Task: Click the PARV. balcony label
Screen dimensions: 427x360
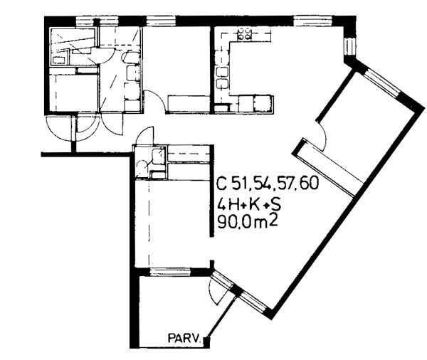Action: coord(184,338)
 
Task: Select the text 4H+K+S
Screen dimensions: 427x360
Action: coord(249,204)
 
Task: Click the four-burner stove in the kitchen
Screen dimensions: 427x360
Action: coord(244,34)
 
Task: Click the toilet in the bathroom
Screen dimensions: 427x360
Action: coord(129,57)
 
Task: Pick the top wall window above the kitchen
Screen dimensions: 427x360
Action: coord(313,21)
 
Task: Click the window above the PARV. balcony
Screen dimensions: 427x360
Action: coord(171,272)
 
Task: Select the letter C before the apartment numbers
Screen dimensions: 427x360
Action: coord(221,183)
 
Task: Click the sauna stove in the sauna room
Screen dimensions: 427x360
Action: coord(59,60)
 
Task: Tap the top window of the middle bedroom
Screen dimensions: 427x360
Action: coord(161,21)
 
